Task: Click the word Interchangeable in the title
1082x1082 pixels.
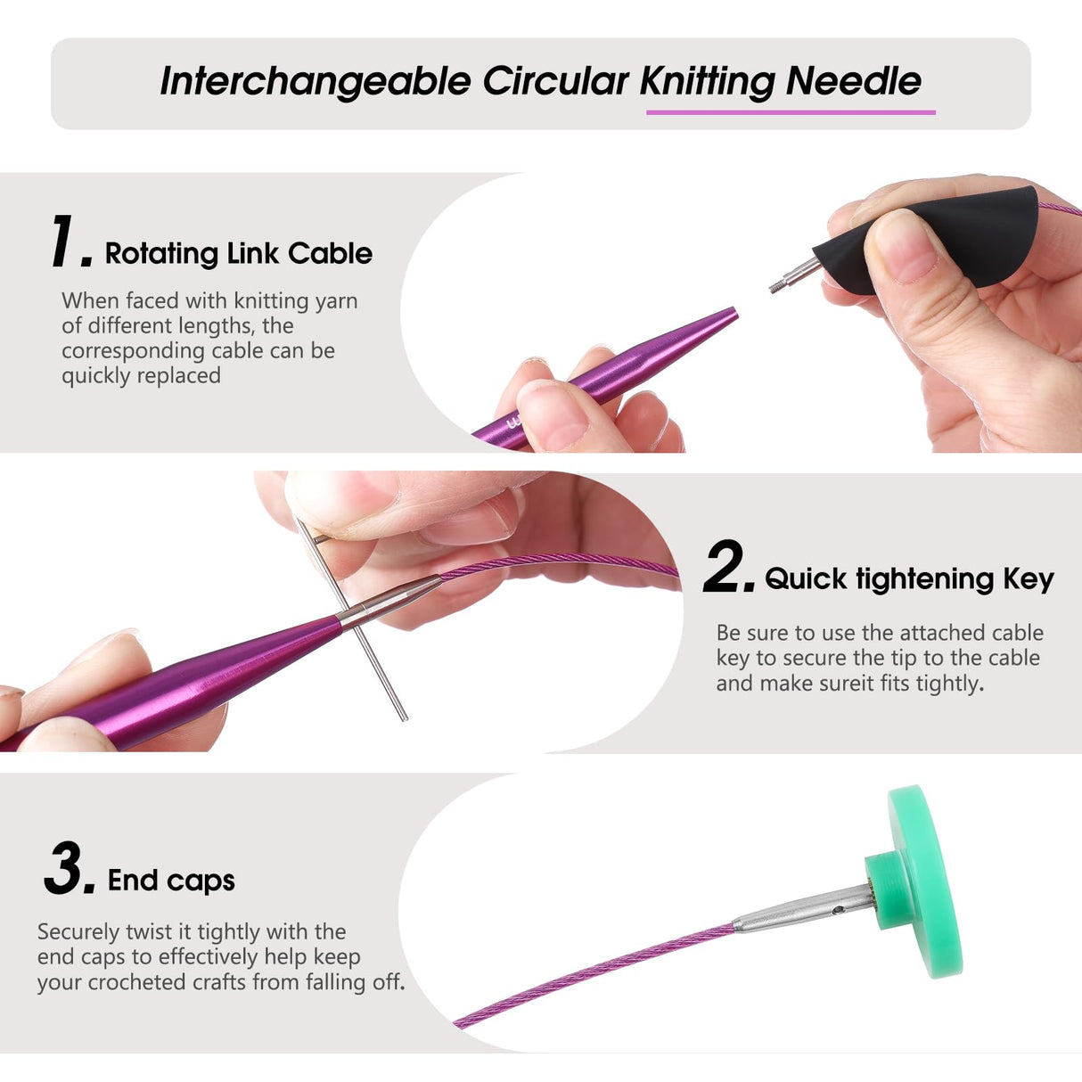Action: pos(315,81)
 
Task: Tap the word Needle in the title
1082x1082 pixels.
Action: pos(853,81)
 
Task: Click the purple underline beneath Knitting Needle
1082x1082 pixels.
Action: pos(790,112)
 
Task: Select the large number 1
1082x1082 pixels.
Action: pos(69,242)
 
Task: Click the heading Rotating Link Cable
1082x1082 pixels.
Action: pos(238,253)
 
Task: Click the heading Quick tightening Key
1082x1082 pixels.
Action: pos(909,579)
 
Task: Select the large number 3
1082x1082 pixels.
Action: pos(68,868)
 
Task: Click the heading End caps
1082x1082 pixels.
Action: pos(171,881)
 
